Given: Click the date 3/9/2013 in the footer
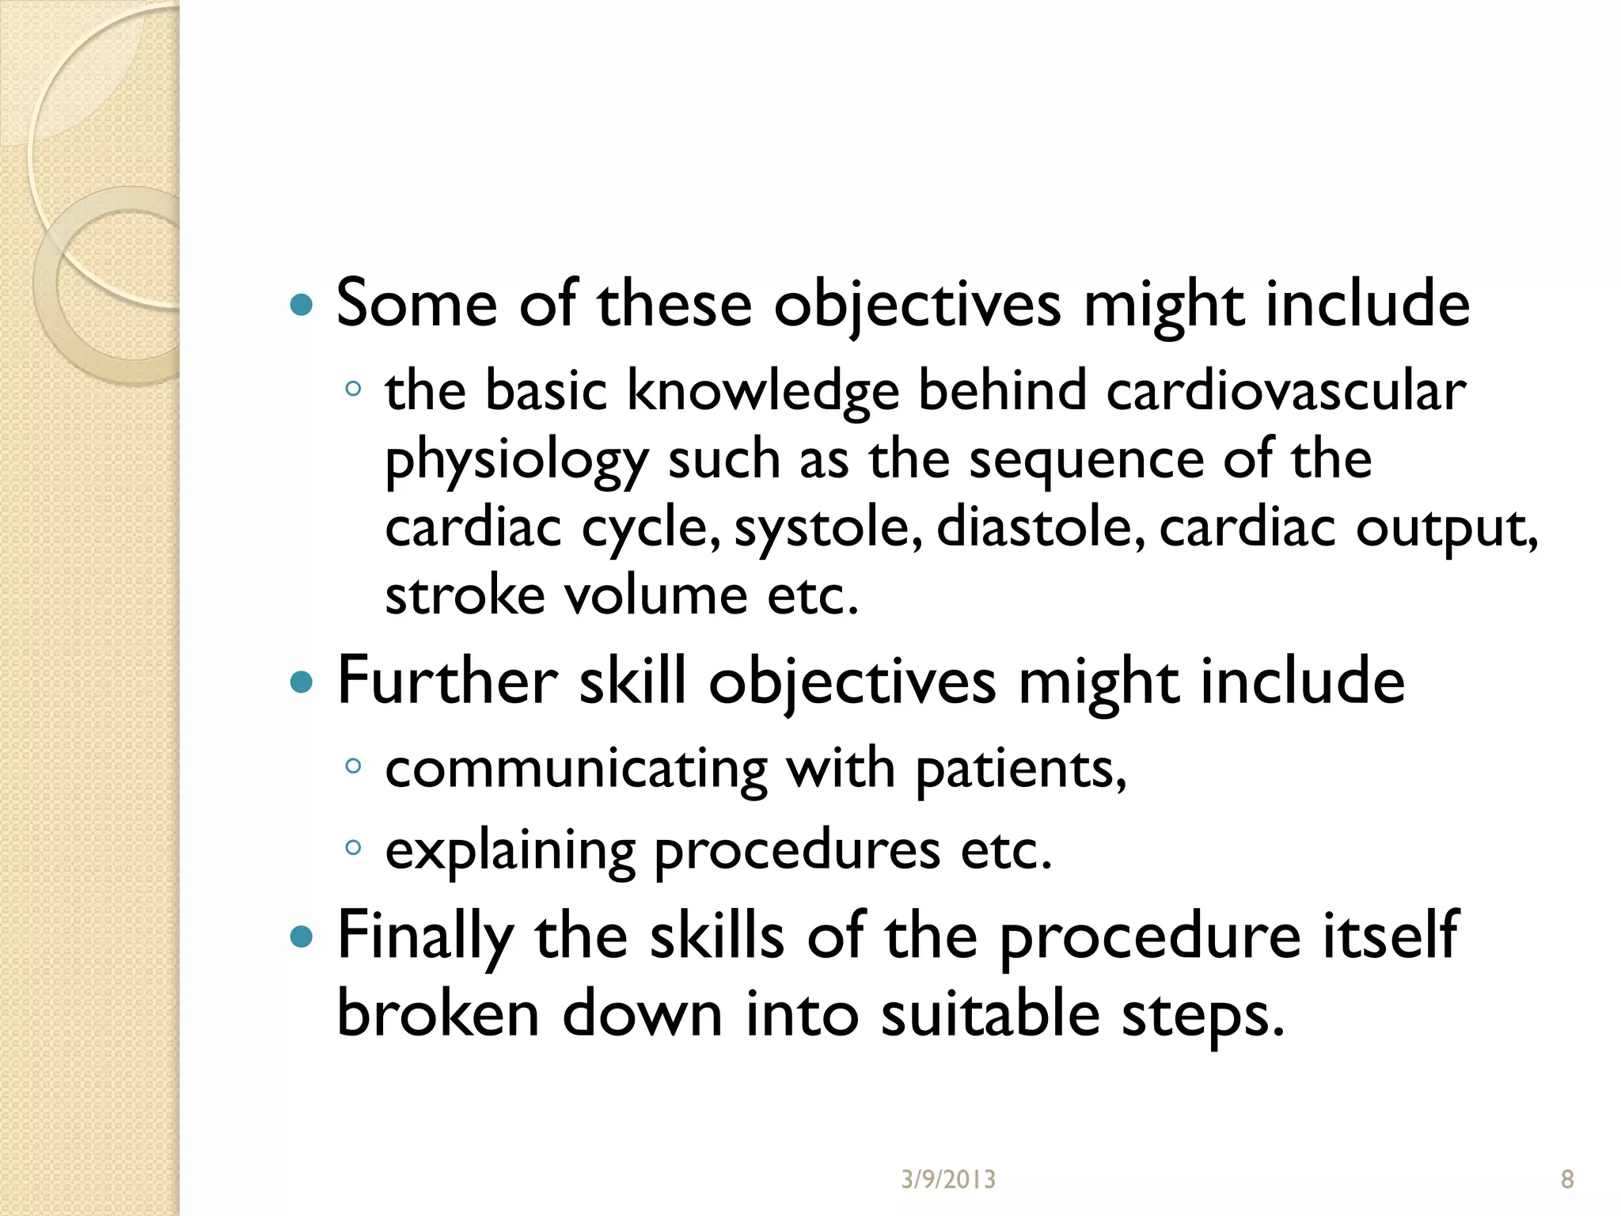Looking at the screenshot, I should point(948,1180).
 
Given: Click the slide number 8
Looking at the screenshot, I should point(1567,1180).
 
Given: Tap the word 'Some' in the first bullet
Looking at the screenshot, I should point(416,303).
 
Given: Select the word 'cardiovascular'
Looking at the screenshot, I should point(1285,390).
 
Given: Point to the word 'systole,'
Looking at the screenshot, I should point(828,528).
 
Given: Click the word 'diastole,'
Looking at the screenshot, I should point(1040,528).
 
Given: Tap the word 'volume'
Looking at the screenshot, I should point(655,595).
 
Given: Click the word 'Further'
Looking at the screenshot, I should point(447,681).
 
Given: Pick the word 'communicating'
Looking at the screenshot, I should point(576,769).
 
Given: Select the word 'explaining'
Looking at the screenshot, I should point(510,852).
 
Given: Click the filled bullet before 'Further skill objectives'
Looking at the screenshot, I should point(302,682).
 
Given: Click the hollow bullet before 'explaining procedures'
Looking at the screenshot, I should point(353,848).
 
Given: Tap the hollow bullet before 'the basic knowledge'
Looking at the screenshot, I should point(353,389).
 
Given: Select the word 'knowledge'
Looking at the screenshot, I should point(763,392).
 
